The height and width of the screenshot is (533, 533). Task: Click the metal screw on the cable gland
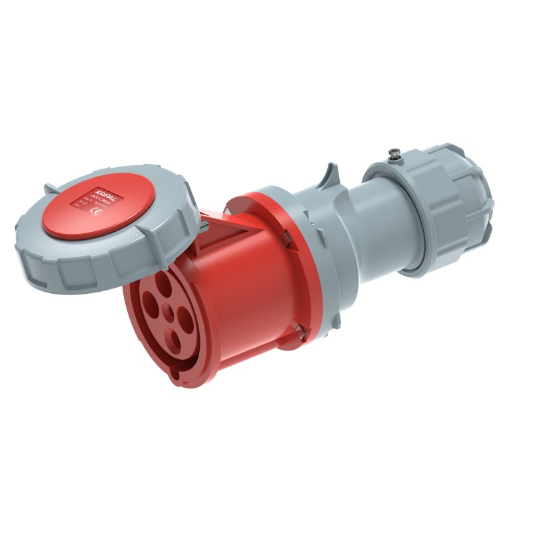coord(393,156)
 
